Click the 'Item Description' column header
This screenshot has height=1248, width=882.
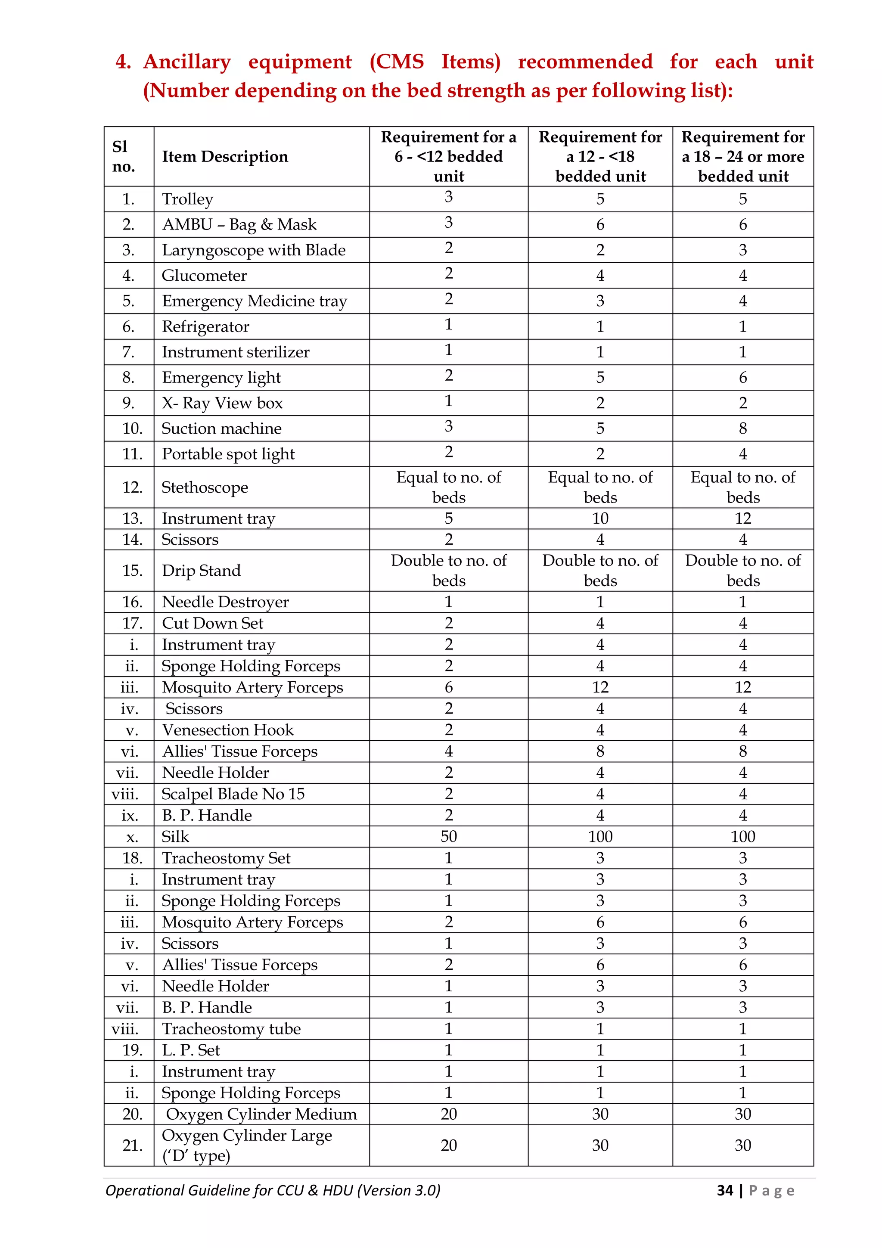[225, 157]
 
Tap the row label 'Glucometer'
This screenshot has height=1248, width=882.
[204, 276]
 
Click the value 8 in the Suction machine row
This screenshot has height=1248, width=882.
[742, 428]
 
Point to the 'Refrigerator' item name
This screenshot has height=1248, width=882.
[205, 327]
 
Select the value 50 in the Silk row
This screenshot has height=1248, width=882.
[448, 837]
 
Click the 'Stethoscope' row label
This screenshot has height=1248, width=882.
[205, 487]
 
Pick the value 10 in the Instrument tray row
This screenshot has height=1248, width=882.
[600, 518]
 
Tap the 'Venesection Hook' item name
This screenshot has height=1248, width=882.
[228, 730]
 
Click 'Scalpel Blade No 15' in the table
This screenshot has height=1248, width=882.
[233, 794]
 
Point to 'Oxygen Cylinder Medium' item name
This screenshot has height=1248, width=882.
[261, 1115]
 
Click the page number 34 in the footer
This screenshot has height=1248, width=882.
[725, 1190]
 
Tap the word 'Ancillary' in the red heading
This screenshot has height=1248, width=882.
[187, 62]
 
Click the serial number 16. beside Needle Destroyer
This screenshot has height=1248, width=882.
[132, 602]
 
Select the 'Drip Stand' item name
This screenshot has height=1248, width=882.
[201, 571]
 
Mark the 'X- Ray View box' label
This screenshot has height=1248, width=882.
[222, 404]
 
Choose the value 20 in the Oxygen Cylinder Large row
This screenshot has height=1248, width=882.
[448, 1145]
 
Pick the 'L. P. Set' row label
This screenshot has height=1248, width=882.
[191, 1050]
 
